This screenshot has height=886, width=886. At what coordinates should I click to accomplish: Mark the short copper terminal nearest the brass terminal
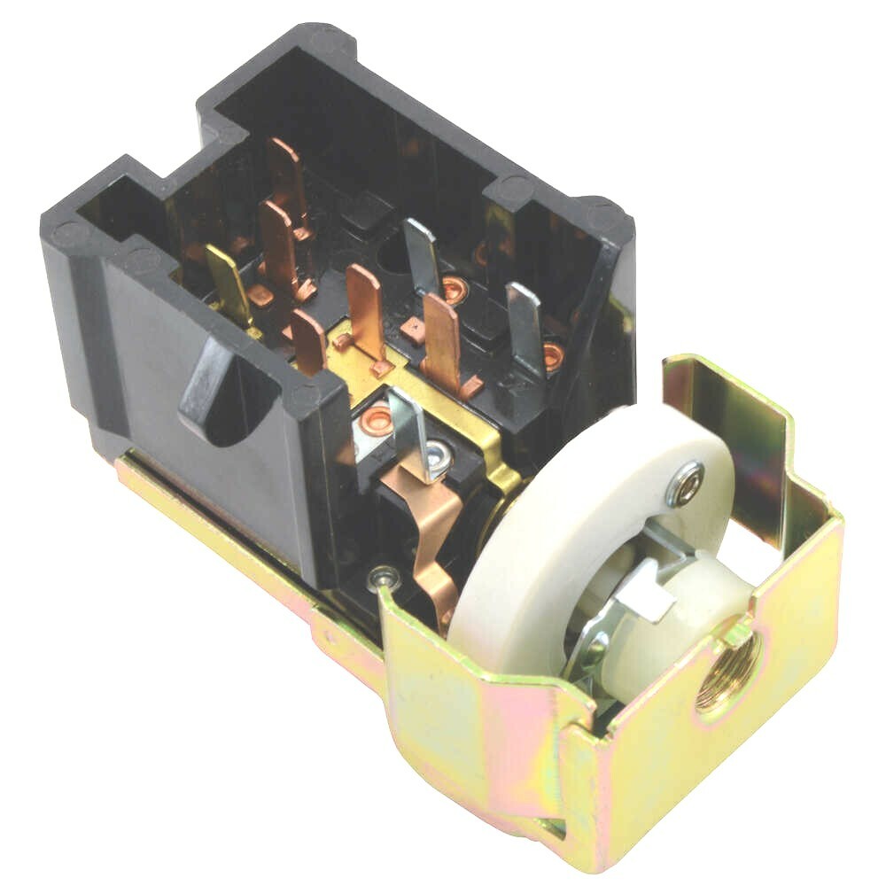[307, 340]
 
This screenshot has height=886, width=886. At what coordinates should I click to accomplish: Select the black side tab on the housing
[213, 390]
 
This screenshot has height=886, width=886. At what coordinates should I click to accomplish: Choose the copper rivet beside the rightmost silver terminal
[554, 355]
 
